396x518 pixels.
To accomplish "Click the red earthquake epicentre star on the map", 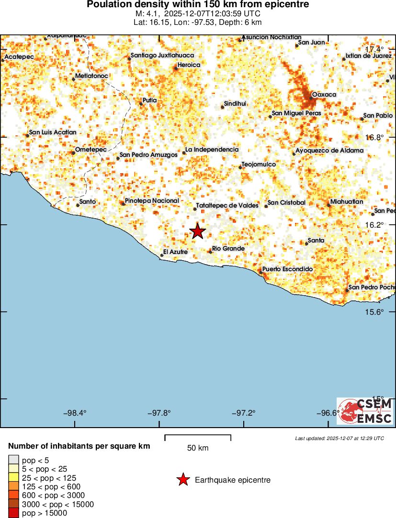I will [198, 231].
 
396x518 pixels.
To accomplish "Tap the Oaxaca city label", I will [324, 95].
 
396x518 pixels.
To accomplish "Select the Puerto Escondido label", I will [287, 269].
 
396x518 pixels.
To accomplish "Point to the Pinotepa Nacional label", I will [152, 201].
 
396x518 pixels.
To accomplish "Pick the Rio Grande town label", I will [228, 249].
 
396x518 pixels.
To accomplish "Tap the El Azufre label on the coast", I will [175, 252].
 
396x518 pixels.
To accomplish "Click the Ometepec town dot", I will [73, 153].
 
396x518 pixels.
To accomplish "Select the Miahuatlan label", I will [347, 202].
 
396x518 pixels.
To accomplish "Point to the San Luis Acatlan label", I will [53, 132].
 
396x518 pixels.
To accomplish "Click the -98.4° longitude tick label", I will [75, 413].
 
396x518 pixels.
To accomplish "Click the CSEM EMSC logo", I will [365, 411].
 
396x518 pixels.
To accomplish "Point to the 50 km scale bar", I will [198, 437].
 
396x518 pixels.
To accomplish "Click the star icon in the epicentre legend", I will [183, 480].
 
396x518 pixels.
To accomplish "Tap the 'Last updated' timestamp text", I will [339, 438].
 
